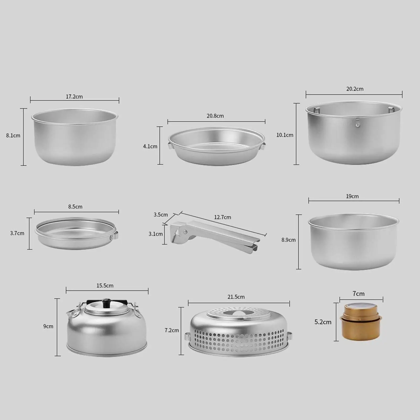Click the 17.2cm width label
[74, 97]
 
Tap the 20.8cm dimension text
[215, 116]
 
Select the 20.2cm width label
[355, 89]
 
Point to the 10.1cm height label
[285, 135]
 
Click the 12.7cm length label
[222, 217]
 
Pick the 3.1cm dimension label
[156, 234]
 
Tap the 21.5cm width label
[236, 297]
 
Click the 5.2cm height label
[323, 322]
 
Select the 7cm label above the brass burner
[359, 293]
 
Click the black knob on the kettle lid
[106, 302]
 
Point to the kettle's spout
[70, 313]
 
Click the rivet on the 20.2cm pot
[357, 121]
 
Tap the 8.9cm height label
[288, 240]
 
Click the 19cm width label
[352, 196]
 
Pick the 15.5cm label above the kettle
[105, 285]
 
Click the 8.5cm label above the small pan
[75, 207]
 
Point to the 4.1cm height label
[150, 146]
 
